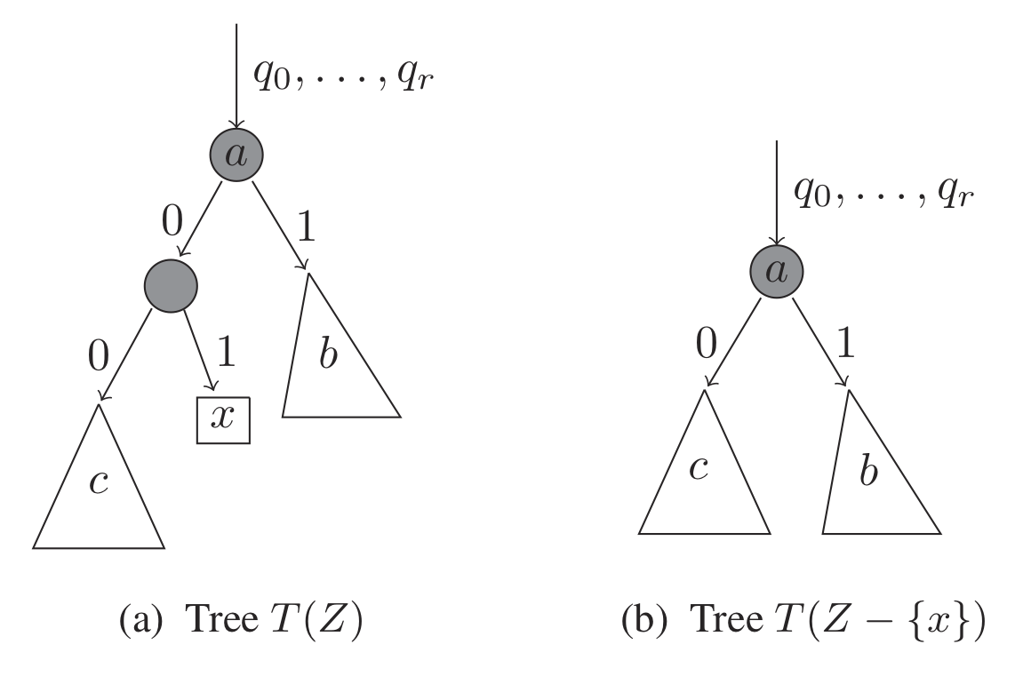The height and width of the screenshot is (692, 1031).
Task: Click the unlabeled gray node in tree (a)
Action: tap(170, 285)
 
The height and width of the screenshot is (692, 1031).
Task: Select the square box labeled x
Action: tap(223, 420)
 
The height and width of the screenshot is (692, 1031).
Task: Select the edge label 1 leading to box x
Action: tap(226, 355)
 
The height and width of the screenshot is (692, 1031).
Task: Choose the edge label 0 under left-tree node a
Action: tap(171, 219)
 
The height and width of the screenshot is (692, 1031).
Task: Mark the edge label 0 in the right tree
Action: tap(706, 342)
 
